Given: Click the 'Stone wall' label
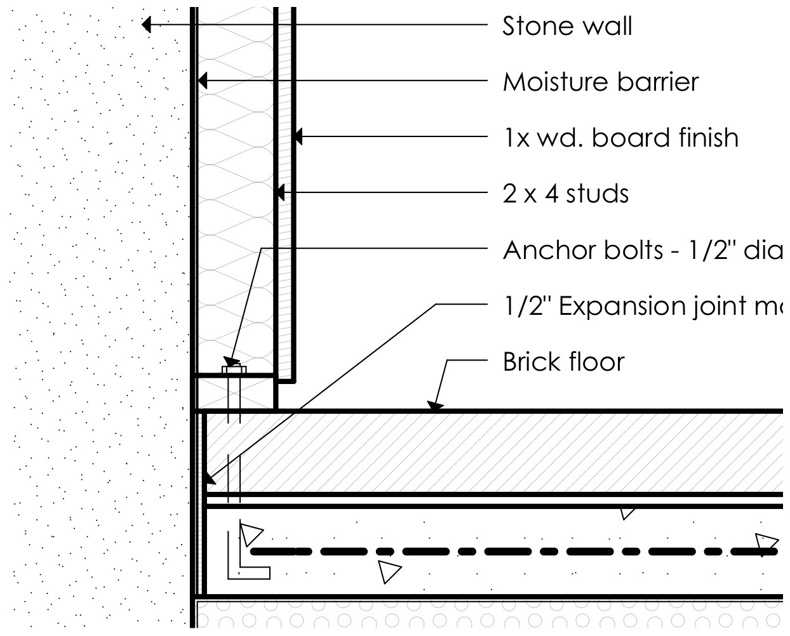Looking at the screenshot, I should tap(566, 27).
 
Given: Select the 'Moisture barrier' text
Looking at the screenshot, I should tap(600, 82).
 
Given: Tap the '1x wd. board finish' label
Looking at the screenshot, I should tap(620, 138).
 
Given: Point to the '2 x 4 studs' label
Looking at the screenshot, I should tap(565, 194).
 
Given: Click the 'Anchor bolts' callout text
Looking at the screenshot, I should tap(641, 250).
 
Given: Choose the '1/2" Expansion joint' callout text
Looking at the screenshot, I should tap(641, 306).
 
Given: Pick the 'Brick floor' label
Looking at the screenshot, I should tap(563, 362).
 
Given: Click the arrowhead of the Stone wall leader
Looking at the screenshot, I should tap(147, 25).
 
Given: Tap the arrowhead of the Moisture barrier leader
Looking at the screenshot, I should tap(201, 81).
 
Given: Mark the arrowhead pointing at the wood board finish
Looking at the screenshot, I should tap(297, 136).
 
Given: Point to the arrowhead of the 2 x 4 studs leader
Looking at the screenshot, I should tap(280, 192).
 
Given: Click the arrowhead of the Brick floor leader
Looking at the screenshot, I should tap(434, 405).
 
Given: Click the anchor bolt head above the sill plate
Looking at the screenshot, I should tap(234, 369).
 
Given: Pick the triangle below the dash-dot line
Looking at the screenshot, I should tap(389, 571).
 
